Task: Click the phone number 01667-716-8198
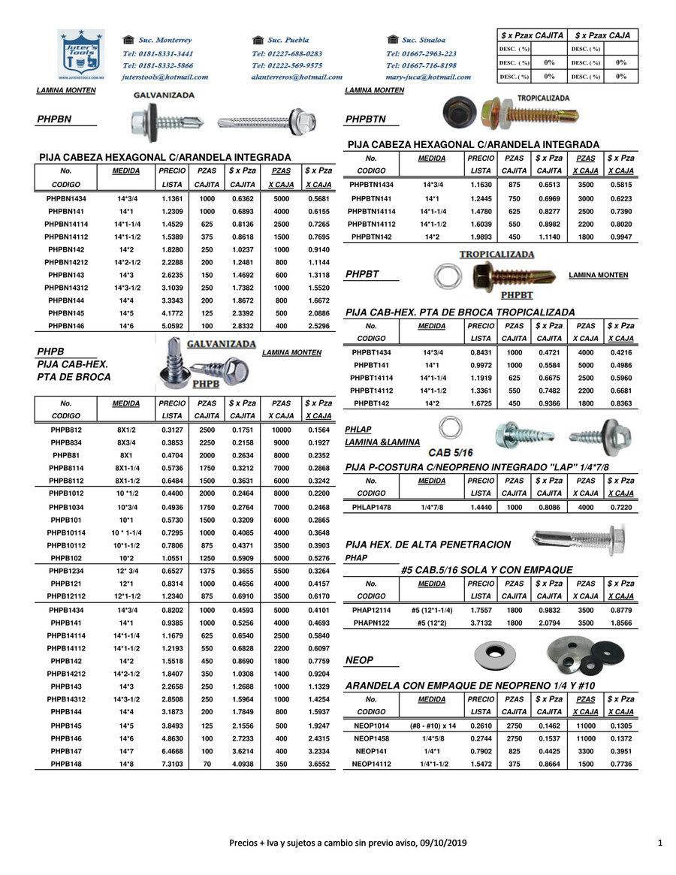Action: tap(421, 65)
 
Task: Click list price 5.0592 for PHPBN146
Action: tap(173, 327)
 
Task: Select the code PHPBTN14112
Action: tap(371, 224)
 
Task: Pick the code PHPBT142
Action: tap(371, 404)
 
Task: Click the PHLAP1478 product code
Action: tap(371, 507)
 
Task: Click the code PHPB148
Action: tap(66, 763)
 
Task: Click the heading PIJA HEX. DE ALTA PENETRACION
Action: tap(427, 545)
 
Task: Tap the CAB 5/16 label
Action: tap(450, 452)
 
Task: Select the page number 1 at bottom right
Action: tap(659, 843)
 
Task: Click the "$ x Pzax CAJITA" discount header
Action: tap(532, 35)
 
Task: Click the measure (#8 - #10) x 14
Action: tap(433, 726)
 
